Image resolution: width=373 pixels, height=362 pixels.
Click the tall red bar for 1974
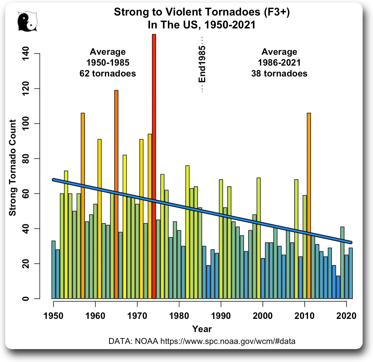(154, 165)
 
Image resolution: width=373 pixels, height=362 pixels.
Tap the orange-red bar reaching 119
(116, 194)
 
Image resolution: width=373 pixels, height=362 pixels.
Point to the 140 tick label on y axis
(26, 53)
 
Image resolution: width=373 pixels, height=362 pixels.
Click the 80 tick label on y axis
(26, 159)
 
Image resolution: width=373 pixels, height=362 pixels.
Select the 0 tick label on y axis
(26, 299)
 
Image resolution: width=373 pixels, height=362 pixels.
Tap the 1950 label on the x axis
(53, 316)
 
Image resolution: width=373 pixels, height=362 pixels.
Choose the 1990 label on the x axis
(221, 316)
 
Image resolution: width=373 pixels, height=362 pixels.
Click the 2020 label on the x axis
(346, 316)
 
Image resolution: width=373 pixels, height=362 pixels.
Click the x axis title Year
(202, 329)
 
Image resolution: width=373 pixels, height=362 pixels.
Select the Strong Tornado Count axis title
(12, 168)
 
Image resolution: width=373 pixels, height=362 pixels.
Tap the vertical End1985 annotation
(202, 64)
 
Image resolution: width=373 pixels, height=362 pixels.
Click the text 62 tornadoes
(108, 74)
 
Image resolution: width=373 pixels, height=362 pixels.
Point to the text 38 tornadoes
(279, 74)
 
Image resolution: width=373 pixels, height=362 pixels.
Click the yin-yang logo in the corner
(27, 22)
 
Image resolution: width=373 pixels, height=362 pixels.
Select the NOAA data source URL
(228, 341)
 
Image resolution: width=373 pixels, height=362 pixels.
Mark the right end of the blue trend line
(351, 242)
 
